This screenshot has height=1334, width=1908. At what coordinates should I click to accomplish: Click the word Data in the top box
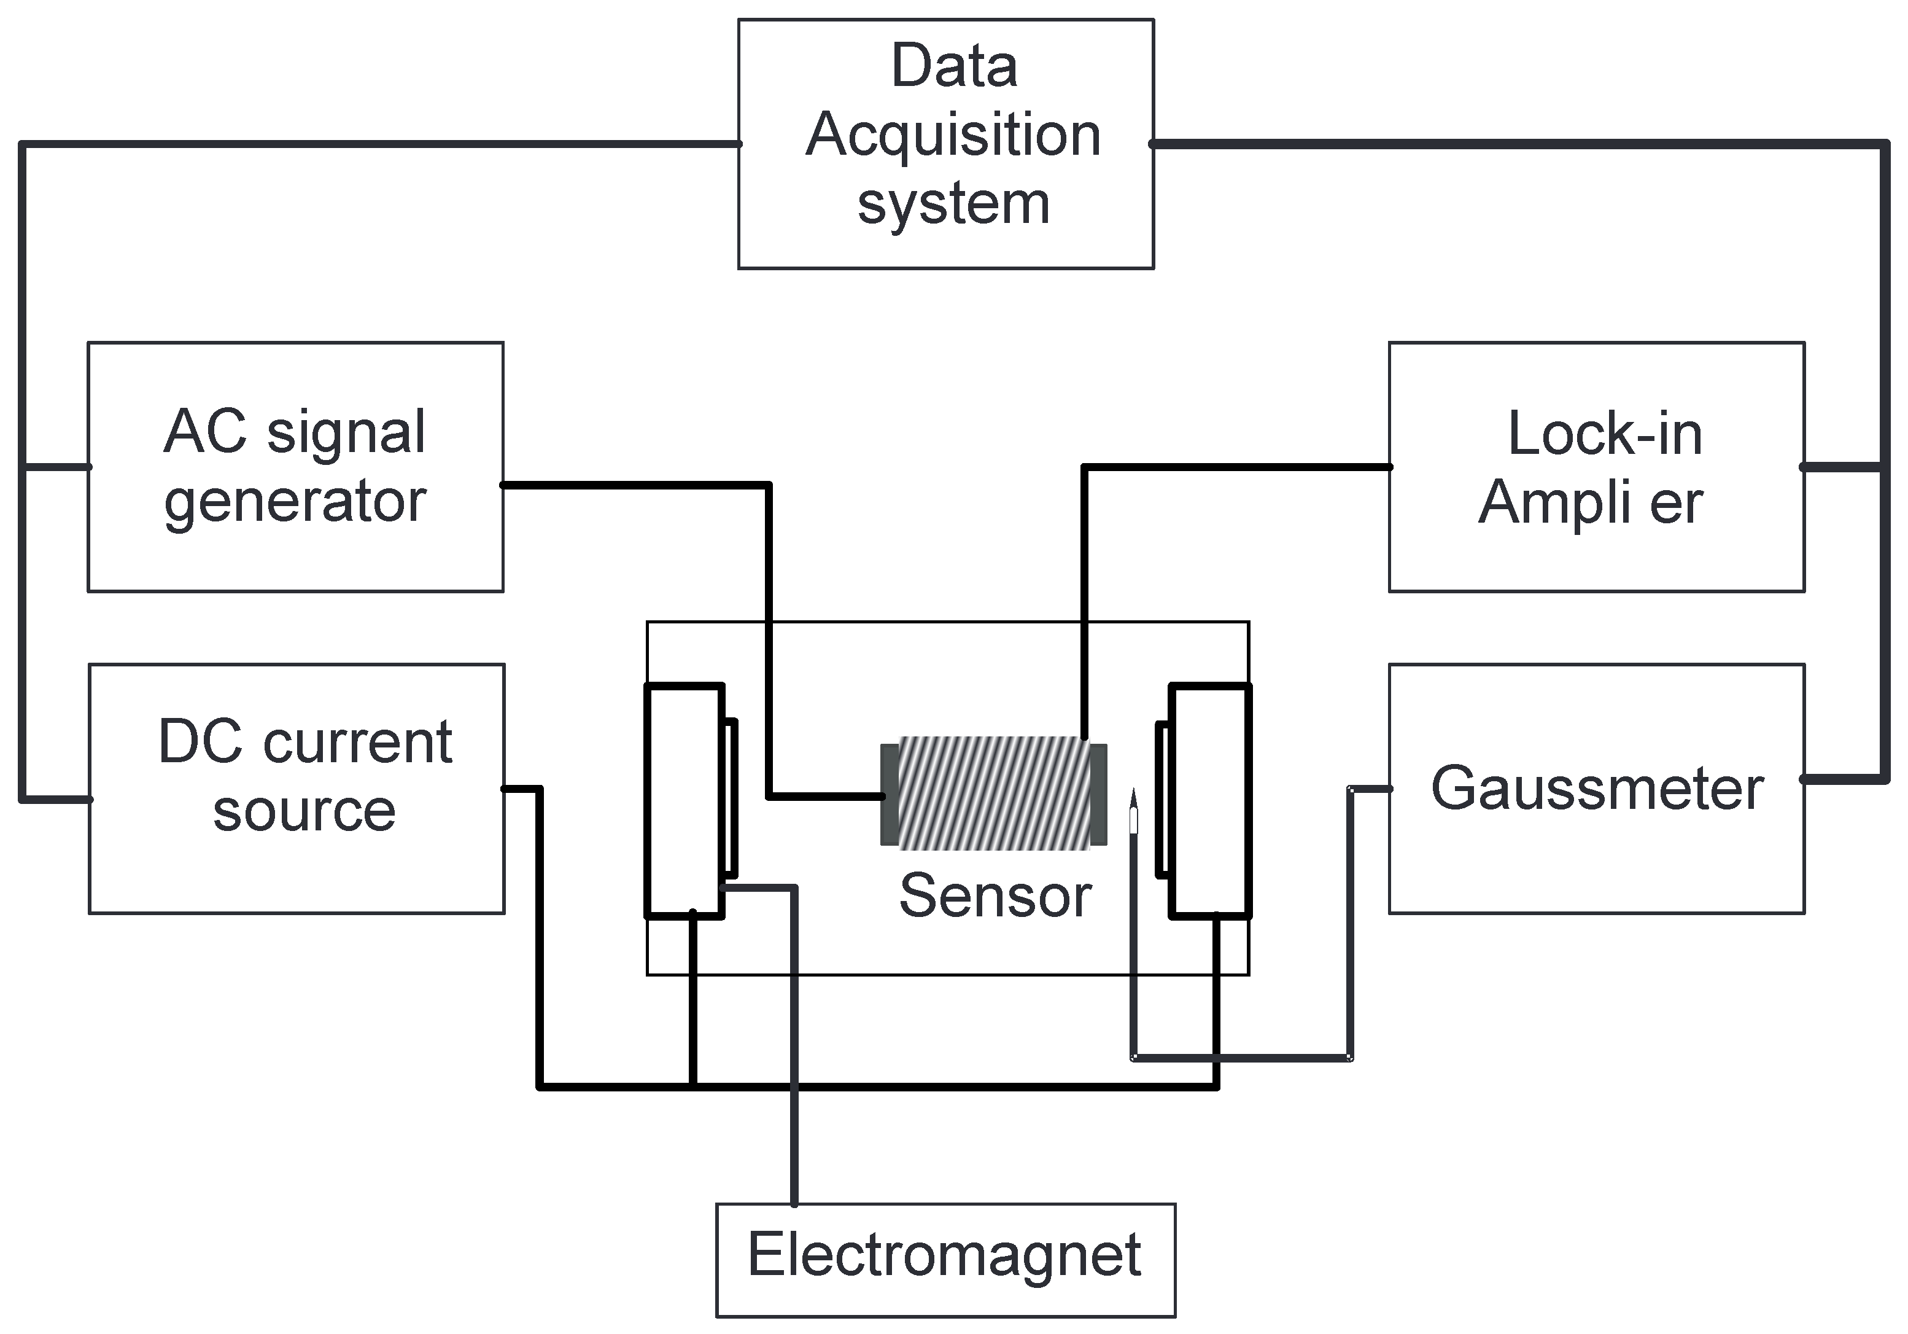point(953,66)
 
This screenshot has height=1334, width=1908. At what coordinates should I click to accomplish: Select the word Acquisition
point(953,136)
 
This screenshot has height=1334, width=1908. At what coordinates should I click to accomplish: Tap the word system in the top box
point(953,204)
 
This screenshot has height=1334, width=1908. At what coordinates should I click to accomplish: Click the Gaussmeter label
point(1596,789)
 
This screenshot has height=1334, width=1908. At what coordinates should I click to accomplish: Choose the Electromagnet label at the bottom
point(944,1255)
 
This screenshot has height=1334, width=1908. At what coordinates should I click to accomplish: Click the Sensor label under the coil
point(995,896)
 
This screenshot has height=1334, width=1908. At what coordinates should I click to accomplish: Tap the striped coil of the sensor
point(994,794)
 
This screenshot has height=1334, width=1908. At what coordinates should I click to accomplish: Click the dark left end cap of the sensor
point(889,795)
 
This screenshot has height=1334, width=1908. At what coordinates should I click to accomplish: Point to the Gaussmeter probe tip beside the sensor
point(1133,810)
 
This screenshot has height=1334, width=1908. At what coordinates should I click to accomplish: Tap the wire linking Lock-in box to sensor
point(1084,598)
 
